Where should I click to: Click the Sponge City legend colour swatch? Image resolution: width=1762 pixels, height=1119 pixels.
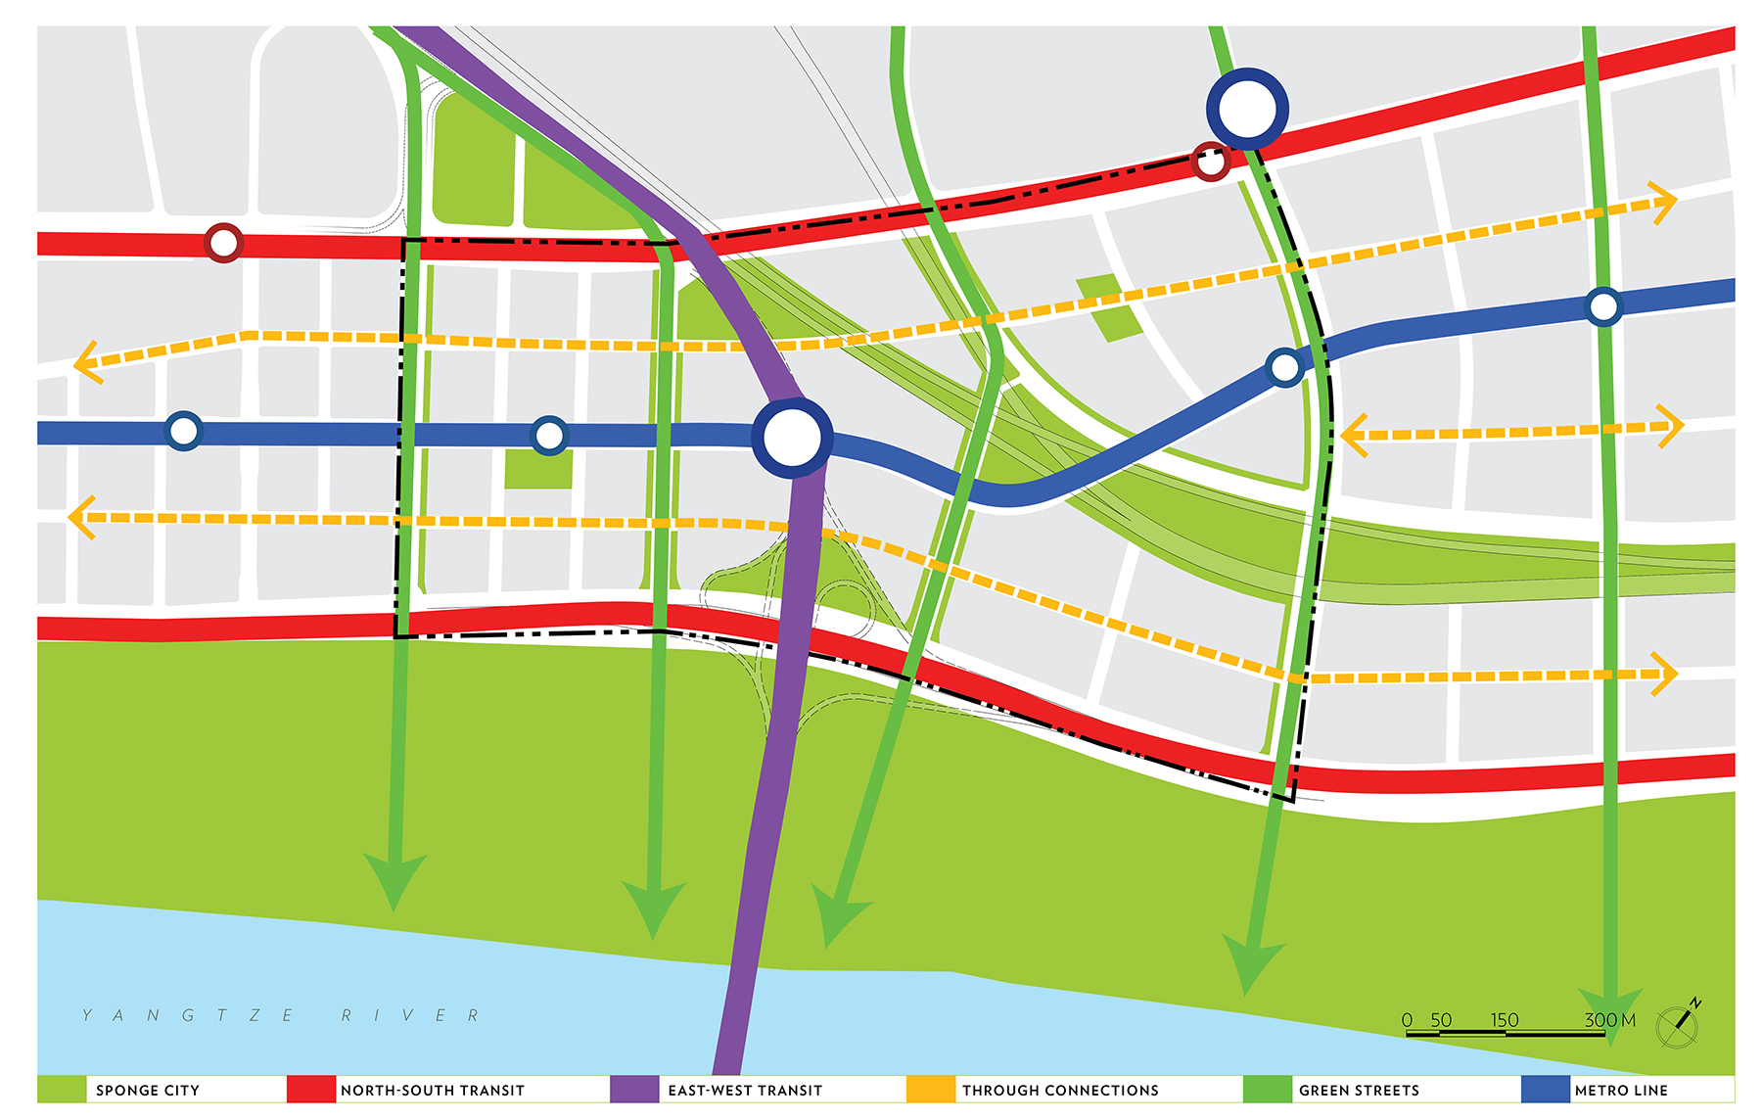(62, 1090)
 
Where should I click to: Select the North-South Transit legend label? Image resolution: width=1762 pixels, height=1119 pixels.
(432, 1090)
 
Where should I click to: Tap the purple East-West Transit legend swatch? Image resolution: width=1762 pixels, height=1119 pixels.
(633, 1090)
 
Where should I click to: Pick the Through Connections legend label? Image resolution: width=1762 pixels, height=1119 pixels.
(1059, 1090)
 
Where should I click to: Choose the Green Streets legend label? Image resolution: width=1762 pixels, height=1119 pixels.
(1358, 1090)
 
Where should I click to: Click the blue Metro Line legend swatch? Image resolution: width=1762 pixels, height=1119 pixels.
(1545, 1090)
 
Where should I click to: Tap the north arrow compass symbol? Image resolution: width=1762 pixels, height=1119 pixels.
(1678, 1024)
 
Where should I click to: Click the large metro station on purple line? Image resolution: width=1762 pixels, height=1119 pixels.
(792, 438)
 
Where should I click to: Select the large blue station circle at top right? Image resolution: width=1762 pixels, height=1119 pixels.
(1247, 109)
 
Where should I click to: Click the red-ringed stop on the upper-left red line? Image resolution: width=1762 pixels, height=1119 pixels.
(223, 242)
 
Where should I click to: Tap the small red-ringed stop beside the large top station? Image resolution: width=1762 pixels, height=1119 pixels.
(1210, 162)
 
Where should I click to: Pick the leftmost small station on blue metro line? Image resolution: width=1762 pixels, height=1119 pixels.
(183, 430)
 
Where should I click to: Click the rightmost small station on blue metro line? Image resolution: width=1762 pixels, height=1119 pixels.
(1602, 306)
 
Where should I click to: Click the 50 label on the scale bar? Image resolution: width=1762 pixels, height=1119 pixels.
(1440, 1019)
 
